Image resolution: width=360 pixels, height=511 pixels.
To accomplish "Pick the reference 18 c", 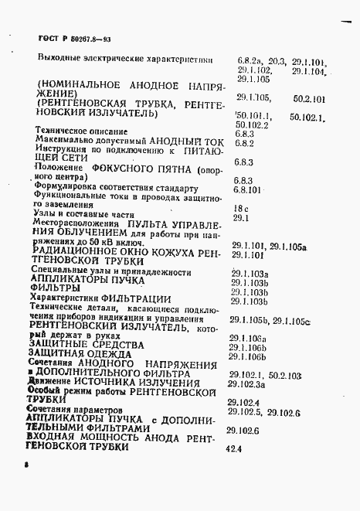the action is (x=240, y=208).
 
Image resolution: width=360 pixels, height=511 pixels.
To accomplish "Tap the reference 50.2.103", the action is (x=286, y=374).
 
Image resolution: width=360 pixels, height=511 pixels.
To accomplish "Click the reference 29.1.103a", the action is (x=250, y=274).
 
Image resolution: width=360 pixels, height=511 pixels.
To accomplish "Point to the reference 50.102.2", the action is (x=252, y=124).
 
